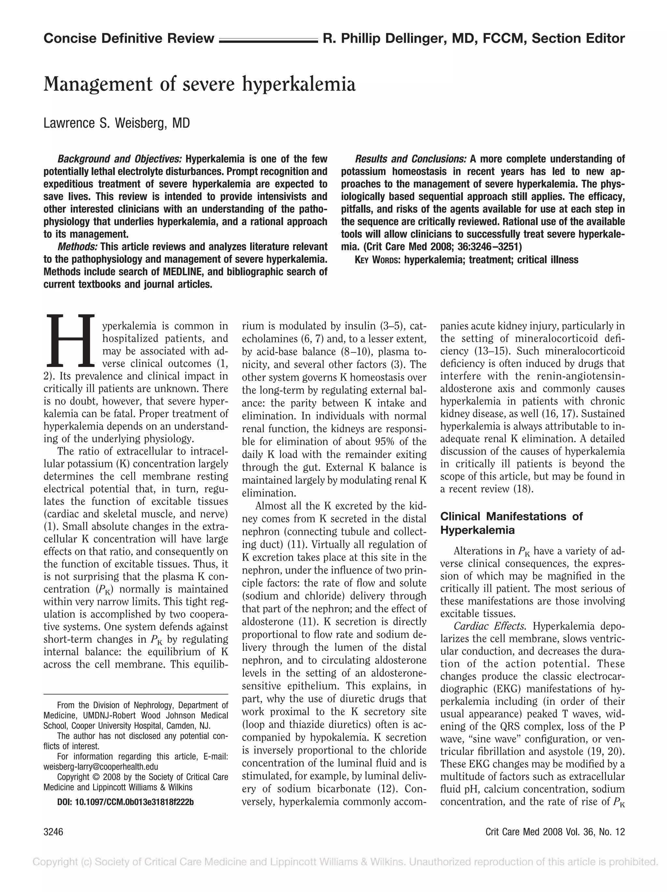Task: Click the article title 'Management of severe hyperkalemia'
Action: pyautogui.click(x=199, y=84)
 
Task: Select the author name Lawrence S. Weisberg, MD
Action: pyautogui.click(x=116, y=123)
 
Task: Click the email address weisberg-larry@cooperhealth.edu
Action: pyautogui.click(x=101, y=767)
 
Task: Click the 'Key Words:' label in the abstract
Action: pyautogui.click(x=377, y=260)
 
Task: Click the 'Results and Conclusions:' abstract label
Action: pyautogui.click(x=411, y=159)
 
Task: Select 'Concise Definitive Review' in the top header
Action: pyautogui.click(x=129, y=39)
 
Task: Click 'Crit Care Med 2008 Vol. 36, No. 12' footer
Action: pyautogui.click(x=555, y=832)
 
